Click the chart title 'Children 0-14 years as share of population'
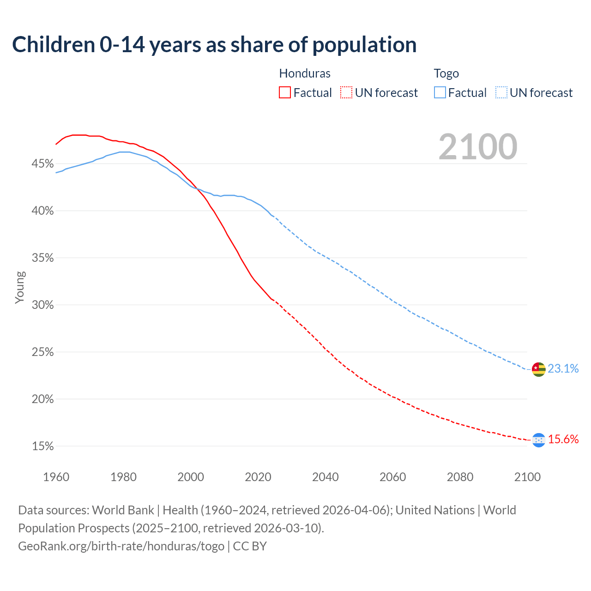[x=214, y=45]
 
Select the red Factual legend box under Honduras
[x=285, y=92]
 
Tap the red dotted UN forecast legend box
[x=346, y=92]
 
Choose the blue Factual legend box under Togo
[x=440, y=92]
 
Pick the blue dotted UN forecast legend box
[x=501, y=92]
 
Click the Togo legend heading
[x=446, y=73]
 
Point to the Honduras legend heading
[x=305, y=73]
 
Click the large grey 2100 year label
[x=477, y=147]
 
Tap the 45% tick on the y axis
[x=42, y=164]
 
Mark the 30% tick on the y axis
[x=42, y=305]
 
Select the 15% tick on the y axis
[x=42, y=446]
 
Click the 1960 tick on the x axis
[x=56, y=477]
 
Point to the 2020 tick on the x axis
[x=258, y=477]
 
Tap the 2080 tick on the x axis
[x=460, y=477]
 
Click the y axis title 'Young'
[x=19, y=287]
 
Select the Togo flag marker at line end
[x=539, y=369]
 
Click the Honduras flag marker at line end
[x=539, y=440]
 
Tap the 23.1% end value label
[x=563, y=368]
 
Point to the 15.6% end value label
[x=563, y=439]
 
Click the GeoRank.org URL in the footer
[x=121, y=546]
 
